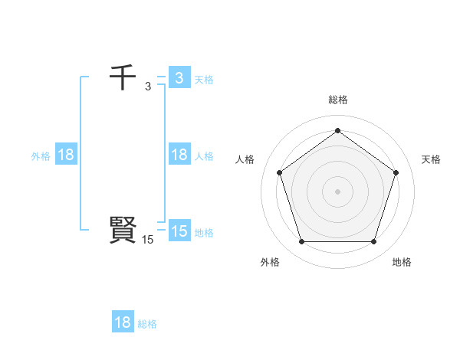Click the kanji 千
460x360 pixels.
click(123, 77)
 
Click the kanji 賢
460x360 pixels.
click(123, 230)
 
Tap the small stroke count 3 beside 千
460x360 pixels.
click(148, 86)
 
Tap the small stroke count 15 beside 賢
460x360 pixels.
click(148, 240)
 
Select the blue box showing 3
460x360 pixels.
click(179, 77)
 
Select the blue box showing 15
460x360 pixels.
click(179, 231)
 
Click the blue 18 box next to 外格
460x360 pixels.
click(66, 155)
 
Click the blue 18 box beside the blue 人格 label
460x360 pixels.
click(179, 155)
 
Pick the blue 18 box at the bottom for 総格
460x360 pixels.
click(123, 322)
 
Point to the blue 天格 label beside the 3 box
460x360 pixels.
click(204, 79)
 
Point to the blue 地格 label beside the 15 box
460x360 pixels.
click(204, 232)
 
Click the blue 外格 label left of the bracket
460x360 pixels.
click(41, 156)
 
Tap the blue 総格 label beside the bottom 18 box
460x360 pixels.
click(147, 324)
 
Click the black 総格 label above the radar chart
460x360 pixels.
click(337, 100)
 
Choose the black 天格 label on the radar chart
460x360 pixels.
click(431, 159)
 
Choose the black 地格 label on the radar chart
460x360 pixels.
click(402, 262)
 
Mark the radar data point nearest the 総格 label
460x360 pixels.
click(337, 130)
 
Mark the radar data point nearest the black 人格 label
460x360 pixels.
click(279, 172)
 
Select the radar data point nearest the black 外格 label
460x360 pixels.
click(301, 242)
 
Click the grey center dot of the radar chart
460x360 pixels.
click(337, 191)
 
